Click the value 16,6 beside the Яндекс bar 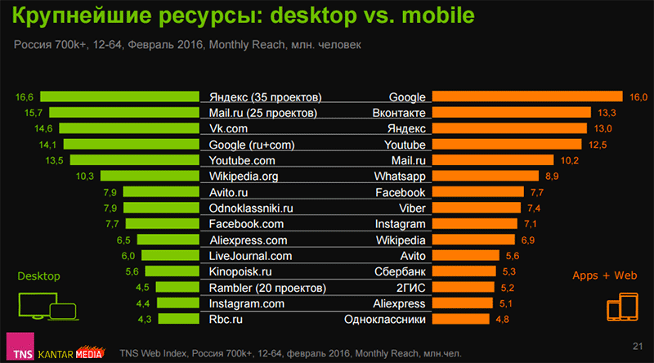click(24, 96)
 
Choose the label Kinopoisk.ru click(242, 271)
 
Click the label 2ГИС click(410, 287)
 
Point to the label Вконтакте click(399, 113)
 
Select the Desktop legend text click(38, 276)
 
